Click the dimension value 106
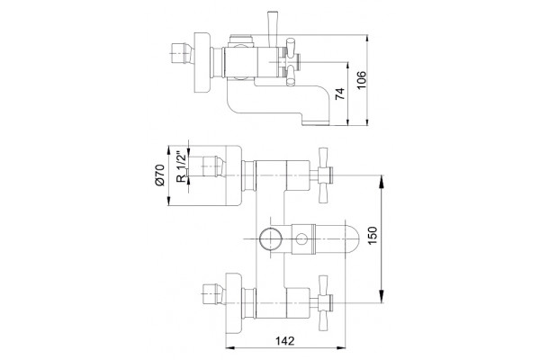(361, 80)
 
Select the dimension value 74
(340, 94)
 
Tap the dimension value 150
(373, 236)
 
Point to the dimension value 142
(285, 341)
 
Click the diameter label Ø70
(160, 175)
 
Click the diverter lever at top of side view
(272, 29)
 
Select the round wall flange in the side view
(202, 62)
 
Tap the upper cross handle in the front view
(324, 175)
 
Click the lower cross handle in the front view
(324, 303)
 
